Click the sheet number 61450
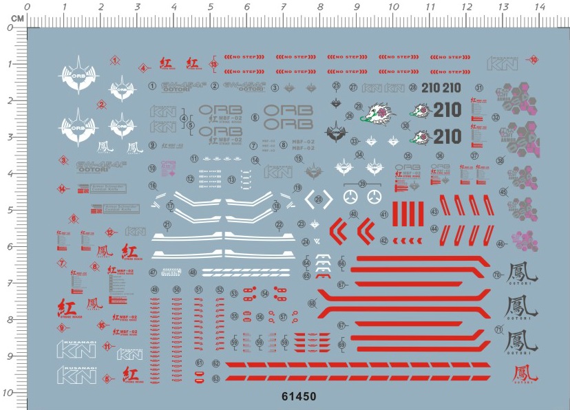(x=299, y=396)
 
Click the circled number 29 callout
(x=358, y=106)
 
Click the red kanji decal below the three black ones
(x=521, y=374)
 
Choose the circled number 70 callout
(x=497, y=275)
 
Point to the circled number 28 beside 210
(x=413, y=87)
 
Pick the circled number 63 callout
(x=216, y=378)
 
